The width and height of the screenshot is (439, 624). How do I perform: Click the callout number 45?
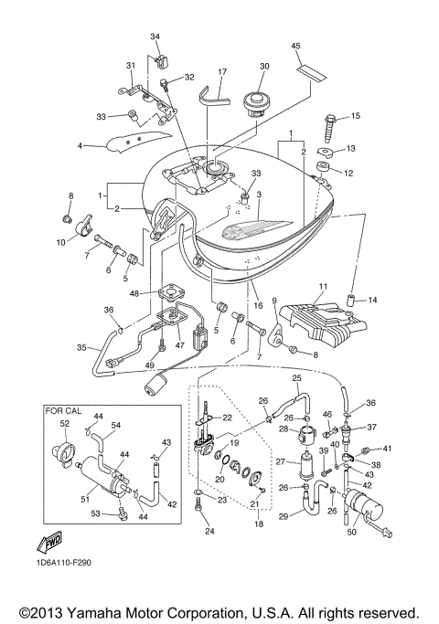tap(295, 47)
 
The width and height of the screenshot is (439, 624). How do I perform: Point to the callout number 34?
tap(155, 37)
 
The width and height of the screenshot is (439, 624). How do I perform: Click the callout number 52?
tap(64, 424)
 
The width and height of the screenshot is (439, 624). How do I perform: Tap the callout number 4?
tap(80, 145)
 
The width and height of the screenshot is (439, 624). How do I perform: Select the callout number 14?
tap(373, 299)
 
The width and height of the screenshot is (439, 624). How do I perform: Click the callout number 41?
tap(387, 449)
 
